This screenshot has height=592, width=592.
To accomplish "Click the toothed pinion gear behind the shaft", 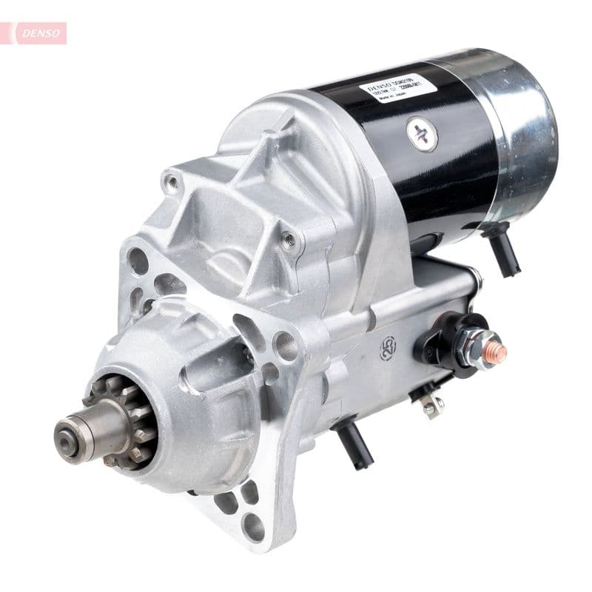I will pos(122,422).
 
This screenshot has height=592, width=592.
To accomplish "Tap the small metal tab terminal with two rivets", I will pos(431,404).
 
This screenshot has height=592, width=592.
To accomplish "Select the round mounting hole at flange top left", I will pos(138,260).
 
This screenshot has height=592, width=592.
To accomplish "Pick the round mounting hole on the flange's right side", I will pos(285,346).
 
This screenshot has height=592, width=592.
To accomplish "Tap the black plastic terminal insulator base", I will pos(437,344).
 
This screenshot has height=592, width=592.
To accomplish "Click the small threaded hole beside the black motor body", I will pos(289,239).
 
